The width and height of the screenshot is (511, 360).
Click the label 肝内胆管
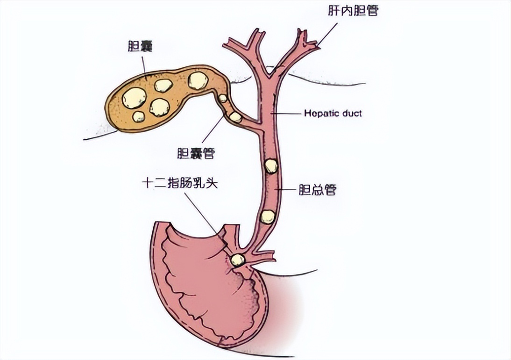tap(353, 11)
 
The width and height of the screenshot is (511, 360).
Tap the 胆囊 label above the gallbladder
tap(141, 47)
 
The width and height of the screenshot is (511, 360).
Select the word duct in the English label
tap(352, 113)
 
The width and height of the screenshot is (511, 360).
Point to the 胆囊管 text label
tap(196, 153)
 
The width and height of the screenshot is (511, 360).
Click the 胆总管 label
tap(317, 190)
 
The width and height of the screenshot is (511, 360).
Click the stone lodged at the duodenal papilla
tap(237, 260)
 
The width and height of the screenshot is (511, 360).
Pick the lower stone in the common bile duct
tap(267, 216)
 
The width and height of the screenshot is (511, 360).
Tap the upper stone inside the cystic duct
tap(223, 98)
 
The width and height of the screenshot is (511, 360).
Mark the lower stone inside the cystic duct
tap(235, 117)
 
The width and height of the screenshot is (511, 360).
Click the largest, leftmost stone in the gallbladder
tap(134, 98)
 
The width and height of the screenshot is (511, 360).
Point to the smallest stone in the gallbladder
tap(139, 117)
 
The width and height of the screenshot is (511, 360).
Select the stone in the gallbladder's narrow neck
tap(198, 80)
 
